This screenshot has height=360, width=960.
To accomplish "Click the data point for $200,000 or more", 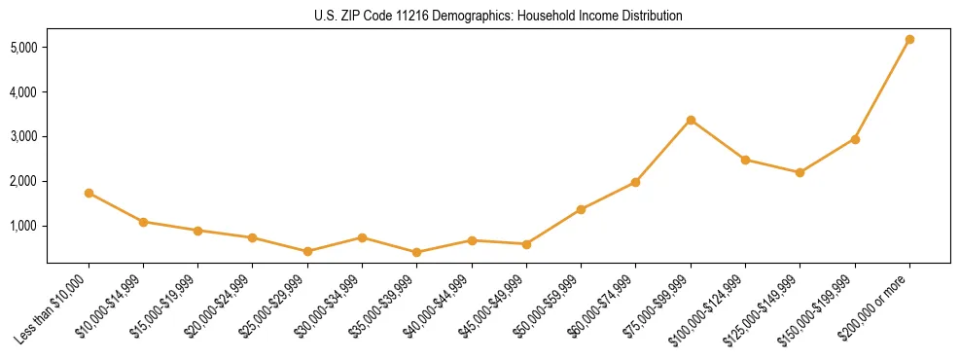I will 909,40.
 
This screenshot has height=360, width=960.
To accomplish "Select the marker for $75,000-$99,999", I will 691,121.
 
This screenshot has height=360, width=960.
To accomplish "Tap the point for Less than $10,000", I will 89,193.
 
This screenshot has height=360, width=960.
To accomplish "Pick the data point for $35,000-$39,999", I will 417,252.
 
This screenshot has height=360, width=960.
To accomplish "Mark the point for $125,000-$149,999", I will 800,172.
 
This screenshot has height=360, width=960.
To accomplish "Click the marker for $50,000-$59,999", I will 581,209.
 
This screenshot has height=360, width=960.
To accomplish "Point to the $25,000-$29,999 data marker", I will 307,251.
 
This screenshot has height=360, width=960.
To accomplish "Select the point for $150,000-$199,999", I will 855,139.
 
